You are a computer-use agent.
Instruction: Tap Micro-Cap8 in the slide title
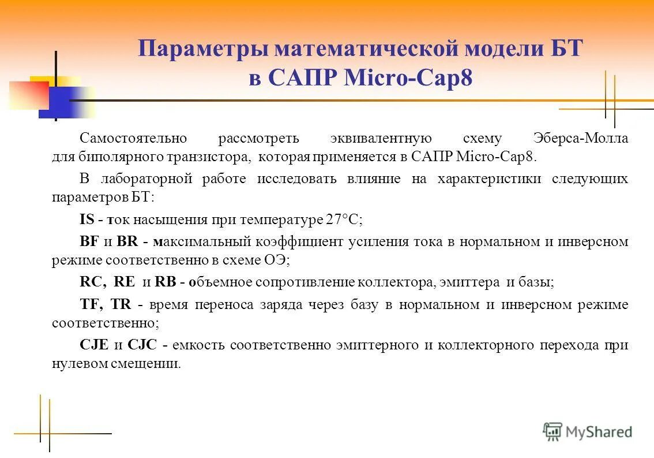pos(408,79)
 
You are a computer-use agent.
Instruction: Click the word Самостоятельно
pos(133,139)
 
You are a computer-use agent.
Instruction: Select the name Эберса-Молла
pos(580,139)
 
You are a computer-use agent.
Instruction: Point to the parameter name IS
pos(87,219)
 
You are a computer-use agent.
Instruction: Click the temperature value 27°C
pos(344,219)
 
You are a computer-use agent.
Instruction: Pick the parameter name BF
pos(89,241)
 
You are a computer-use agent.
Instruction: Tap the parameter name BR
pos(127,241)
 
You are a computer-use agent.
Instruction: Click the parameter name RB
pos(165,282)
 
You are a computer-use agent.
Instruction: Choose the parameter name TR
pos(121,304)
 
